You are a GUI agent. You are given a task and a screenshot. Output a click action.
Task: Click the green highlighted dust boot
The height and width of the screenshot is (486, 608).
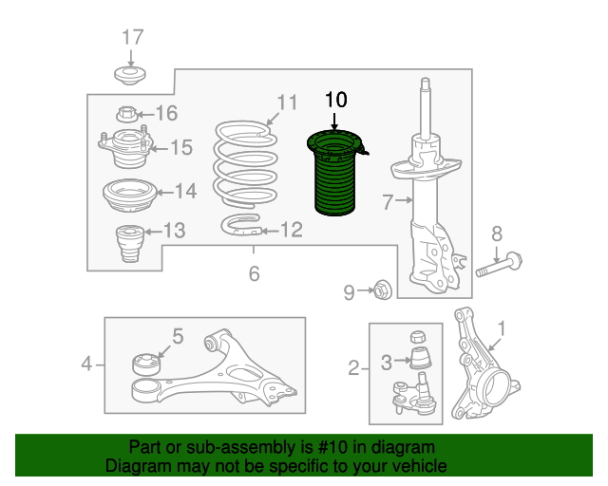334,175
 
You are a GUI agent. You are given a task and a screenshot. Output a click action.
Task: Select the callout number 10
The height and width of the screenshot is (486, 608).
335,100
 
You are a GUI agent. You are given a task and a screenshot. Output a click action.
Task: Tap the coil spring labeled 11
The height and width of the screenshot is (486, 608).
245,162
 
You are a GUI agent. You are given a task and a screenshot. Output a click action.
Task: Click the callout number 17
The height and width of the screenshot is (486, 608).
133,38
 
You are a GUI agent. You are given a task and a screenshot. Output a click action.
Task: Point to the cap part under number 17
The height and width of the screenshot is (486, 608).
130,76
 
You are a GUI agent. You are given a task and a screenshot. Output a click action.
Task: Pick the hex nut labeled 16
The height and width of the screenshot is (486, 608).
126,115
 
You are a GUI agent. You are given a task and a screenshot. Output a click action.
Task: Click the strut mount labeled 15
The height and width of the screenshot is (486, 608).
125,147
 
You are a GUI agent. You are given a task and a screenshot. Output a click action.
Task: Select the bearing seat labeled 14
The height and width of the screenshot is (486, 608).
129,196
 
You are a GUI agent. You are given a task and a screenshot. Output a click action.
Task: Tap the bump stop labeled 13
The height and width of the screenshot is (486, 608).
130,243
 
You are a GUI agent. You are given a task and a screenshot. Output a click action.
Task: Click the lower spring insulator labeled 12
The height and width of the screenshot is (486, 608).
240,225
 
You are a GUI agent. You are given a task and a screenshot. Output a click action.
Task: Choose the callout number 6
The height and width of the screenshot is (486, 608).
254,273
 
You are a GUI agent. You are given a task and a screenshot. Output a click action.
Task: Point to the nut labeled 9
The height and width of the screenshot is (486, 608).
382,290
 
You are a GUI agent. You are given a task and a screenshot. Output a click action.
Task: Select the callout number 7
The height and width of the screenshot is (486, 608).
388,202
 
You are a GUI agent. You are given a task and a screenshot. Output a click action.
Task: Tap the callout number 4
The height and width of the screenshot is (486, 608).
86,364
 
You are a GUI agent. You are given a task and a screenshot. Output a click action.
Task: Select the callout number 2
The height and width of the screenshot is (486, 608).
353,367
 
